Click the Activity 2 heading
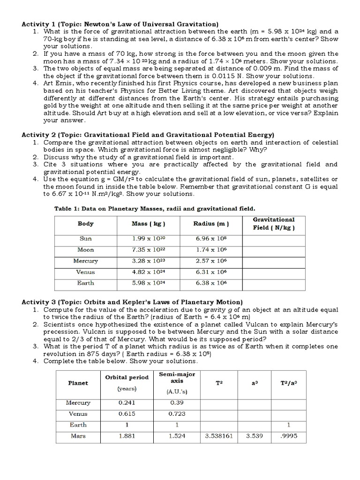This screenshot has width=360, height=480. pyautogui.click(x=148, y=135)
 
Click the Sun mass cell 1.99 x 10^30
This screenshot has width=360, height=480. pyautogui.click(x=146, y=239)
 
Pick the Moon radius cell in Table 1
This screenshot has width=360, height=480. pyautogui.click(x=211, y=250)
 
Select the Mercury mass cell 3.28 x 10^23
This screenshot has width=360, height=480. pyautogui.click(x=146, y=261)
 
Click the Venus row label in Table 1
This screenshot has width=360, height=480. pyautogui.click(x=85, y=272)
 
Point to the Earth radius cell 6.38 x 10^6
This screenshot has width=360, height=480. pyautogui.click(x=211, y=283)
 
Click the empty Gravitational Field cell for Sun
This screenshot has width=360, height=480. pyautogui.click(x=273, y=239)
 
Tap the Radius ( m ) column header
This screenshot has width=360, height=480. pyautogui.click(x=211, y=224)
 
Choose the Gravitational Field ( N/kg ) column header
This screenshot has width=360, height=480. pyautogui.click(x=273, y=224)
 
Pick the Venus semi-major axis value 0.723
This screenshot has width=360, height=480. pyautogui.click(x=177, y=414)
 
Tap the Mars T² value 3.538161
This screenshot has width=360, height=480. pyautogui.click(x=219, y=436)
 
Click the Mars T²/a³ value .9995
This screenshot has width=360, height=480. pyautogui.click(x=289, y=436)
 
